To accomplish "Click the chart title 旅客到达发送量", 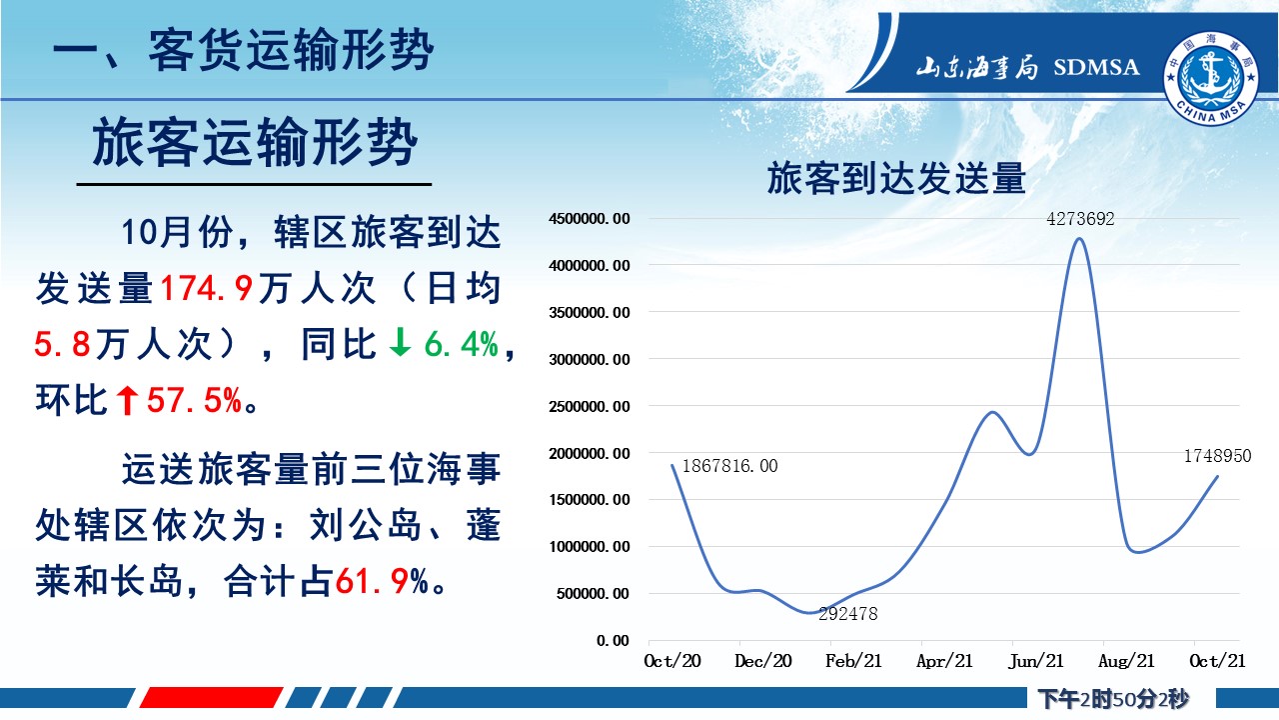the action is coord(896,178).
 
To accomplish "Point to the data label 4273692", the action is coord(1080,219).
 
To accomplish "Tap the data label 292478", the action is coord(848,614).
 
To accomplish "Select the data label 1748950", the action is coord(1217,456).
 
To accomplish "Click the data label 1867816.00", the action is coord(729,466).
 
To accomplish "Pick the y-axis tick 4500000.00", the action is coord(590,219).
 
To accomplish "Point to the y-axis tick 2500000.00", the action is coord(590,407).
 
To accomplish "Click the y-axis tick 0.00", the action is coord(614,641).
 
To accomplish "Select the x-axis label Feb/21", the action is coord(853,661).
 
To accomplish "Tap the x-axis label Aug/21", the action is coord(1126,661).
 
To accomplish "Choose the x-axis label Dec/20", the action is coord(762,661).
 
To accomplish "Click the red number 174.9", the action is coord(206,288).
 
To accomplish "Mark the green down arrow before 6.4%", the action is coord(400,343).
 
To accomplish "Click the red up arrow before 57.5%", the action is coord(127,400).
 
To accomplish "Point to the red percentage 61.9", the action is coord(373,582).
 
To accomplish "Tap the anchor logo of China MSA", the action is coord(1211,78).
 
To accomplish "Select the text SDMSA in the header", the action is coord(1096,67).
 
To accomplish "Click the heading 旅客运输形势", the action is coord(255,142).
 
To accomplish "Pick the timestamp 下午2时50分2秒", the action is coord(1113,698).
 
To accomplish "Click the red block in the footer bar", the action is coord(211,698).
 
